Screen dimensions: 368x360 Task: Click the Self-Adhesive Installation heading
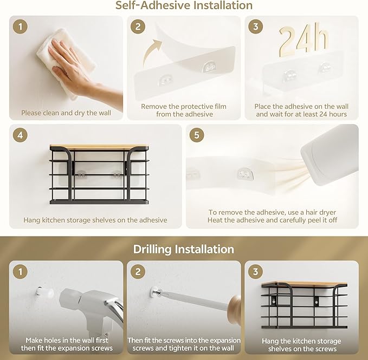pos(184,5)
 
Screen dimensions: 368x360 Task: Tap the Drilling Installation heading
pos(184,249)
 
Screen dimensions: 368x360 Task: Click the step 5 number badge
pos(197,135)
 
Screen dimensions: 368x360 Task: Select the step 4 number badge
pos(20,135)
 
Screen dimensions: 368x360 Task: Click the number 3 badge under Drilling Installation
pos(256,272)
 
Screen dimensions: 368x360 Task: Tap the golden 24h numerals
pos(304,40)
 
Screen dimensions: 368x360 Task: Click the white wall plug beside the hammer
pos(45,292)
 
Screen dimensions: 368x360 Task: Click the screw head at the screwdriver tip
pos(156,292)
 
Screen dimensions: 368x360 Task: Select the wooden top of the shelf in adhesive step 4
pos(99,147)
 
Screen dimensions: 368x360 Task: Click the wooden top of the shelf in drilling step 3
pos(304,284)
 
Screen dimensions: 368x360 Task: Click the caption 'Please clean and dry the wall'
pos(66,113)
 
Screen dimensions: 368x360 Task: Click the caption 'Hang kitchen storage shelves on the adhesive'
pos(95,220)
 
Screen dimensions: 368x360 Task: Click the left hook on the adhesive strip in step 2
pos(165,80)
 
